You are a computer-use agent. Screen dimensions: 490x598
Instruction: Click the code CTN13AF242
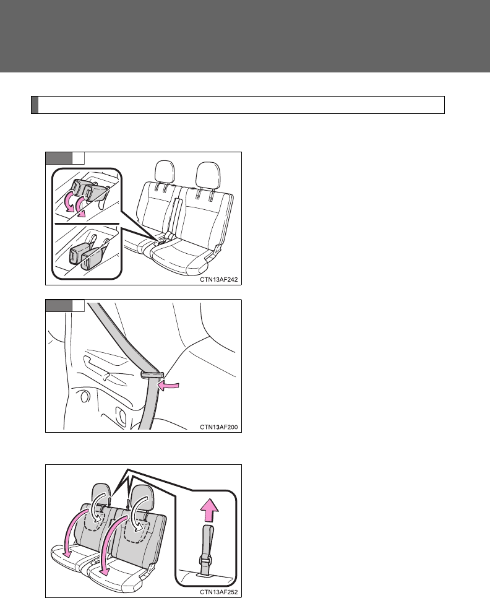219,280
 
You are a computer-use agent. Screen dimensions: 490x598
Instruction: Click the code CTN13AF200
219,427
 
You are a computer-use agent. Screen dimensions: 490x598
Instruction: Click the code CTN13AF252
219,592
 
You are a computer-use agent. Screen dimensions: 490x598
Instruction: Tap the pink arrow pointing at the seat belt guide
168,386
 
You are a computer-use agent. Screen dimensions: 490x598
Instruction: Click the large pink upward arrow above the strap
209,511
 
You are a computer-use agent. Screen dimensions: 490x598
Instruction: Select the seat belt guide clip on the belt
152,373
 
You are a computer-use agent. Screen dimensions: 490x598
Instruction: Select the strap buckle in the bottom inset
205,561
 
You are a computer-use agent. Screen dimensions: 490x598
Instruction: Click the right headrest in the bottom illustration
142,496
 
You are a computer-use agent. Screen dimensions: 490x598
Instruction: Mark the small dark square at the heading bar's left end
35,105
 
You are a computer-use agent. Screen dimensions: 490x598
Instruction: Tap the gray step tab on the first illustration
59,158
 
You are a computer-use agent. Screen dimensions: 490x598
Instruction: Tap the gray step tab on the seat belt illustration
59,305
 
